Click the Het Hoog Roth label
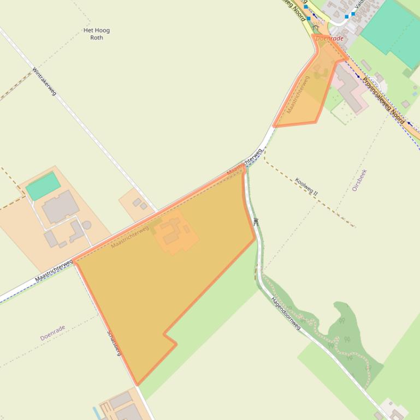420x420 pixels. (x=97, y=34)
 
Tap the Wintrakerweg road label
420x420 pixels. (x=44, y=81)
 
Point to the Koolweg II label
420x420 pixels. (x=306, y=186)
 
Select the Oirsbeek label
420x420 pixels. (x=359, y=180)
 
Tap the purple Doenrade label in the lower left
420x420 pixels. (x=52, y=333)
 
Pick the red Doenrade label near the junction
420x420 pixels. (x=330, y=39)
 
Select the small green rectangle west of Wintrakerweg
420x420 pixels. (x=43, y=185)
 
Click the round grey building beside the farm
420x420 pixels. (x=86, y=225)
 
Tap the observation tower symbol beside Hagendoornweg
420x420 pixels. (x=256, y=221)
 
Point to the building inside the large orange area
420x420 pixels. (x=174, y=232)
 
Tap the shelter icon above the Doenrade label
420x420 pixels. (x=316, y=27)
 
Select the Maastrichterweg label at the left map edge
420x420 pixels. (x=54, y=271)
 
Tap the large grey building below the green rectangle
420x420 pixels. (x=60, y=207)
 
